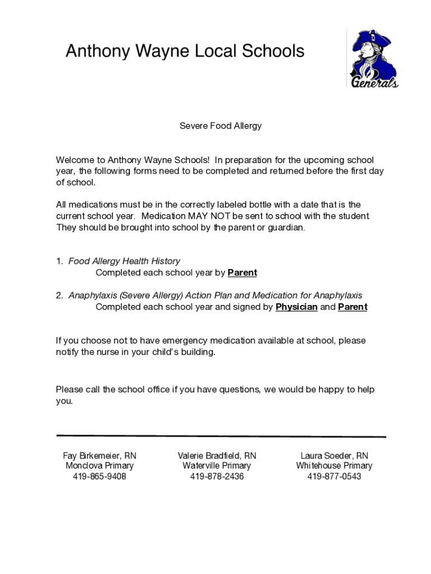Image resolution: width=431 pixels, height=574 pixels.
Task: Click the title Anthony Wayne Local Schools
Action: [x=185, y=52]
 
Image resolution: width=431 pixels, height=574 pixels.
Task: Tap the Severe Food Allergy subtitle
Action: [x=221, y=126]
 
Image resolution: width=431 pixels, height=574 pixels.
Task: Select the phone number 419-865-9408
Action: [x=100, y=476]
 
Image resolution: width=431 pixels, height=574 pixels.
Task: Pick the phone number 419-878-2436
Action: [x=217, y=476]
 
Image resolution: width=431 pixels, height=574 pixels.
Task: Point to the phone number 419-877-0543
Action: [x=334, y=476]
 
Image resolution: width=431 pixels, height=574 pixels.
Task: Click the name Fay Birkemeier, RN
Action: [x=100, y=456]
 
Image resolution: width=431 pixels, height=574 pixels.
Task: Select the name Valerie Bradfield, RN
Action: [x=217, y=456]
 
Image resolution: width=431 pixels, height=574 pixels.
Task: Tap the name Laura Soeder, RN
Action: [x=334, y=456]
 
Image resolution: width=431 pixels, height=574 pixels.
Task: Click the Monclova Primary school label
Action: [x=100, y=466]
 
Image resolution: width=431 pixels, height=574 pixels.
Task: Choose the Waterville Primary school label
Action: [x=217, y=466]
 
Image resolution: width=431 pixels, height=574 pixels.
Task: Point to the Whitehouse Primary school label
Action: [x=334, y=466]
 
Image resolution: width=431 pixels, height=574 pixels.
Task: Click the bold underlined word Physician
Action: [x=297, y=307]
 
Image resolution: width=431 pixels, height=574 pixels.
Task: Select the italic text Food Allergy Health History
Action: [x=124, y=261]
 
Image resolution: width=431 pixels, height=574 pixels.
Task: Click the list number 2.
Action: [x=59, y=295]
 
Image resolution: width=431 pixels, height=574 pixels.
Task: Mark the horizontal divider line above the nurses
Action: [x=221, y=436]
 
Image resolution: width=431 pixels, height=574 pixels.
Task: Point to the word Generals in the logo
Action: [x=374, y=82]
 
